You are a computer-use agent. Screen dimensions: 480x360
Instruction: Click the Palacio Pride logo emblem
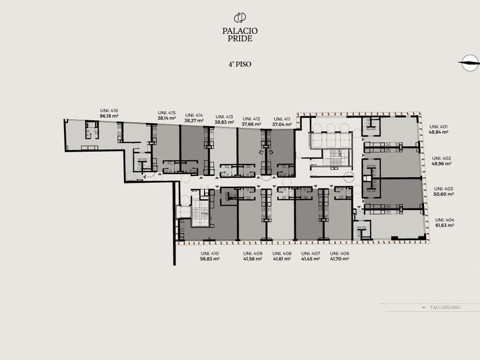click(x=240, y=18)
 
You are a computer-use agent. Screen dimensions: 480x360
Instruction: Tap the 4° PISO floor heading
click(x=239, y=64)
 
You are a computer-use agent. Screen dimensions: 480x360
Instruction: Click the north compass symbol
click(x=470, y=63)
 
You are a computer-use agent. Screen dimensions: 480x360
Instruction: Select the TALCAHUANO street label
click(x=445, y=307)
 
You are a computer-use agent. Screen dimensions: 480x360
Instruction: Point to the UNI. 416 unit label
click(x=109, y=110)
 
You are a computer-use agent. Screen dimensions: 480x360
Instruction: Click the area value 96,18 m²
click(x=109, y=117)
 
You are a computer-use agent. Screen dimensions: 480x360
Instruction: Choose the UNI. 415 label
click(x=167, y=113)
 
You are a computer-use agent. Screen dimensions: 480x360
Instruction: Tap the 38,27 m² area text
click(x=194, y=121)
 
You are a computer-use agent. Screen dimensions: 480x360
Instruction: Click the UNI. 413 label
click(x=225, y=117)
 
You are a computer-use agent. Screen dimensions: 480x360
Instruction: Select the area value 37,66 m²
click(x=251, y=125)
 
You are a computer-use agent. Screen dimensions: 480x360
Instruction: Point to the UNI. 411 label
click(x=282, y=119)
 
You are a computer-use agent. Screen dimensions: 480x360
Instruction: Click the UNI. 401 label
click(x=438, y=126)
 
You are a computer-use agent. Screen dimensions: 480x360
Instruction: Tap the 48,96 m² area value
click(x=442, y=164)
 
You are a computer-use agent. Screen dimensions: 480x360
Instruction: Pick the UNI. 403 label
click(x=443, y=189)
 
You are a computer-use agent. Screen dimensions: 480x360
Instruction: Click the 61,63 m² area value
click(x=445, y=225)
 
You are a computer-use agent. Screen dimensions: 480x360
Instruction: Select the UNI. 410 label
click(x=210, y=254)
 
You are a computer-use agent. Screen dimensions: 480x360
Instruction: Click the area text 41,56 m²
click(x=253, y=259)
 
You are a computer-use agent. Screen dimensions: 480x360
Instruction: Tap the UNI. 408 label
click(x=282, y=254)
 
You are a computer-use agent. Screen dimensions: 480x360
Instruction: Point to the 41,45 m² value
click(x=311, y=259)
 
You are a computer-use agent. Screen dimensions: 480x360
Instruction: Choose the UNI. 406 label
click(x=339, y=254)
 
